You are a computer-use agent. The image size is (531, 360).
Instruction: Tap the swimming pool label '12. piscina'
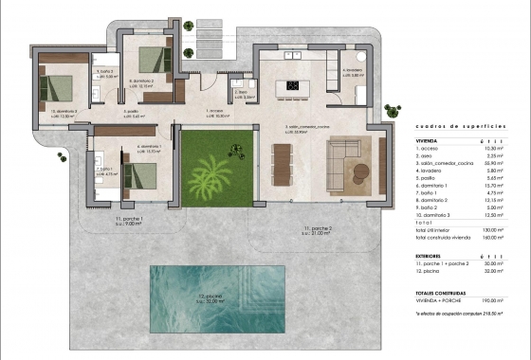point(219,299)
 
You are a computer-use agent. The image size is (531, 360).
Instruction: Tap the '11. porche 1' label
point(128,219)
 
